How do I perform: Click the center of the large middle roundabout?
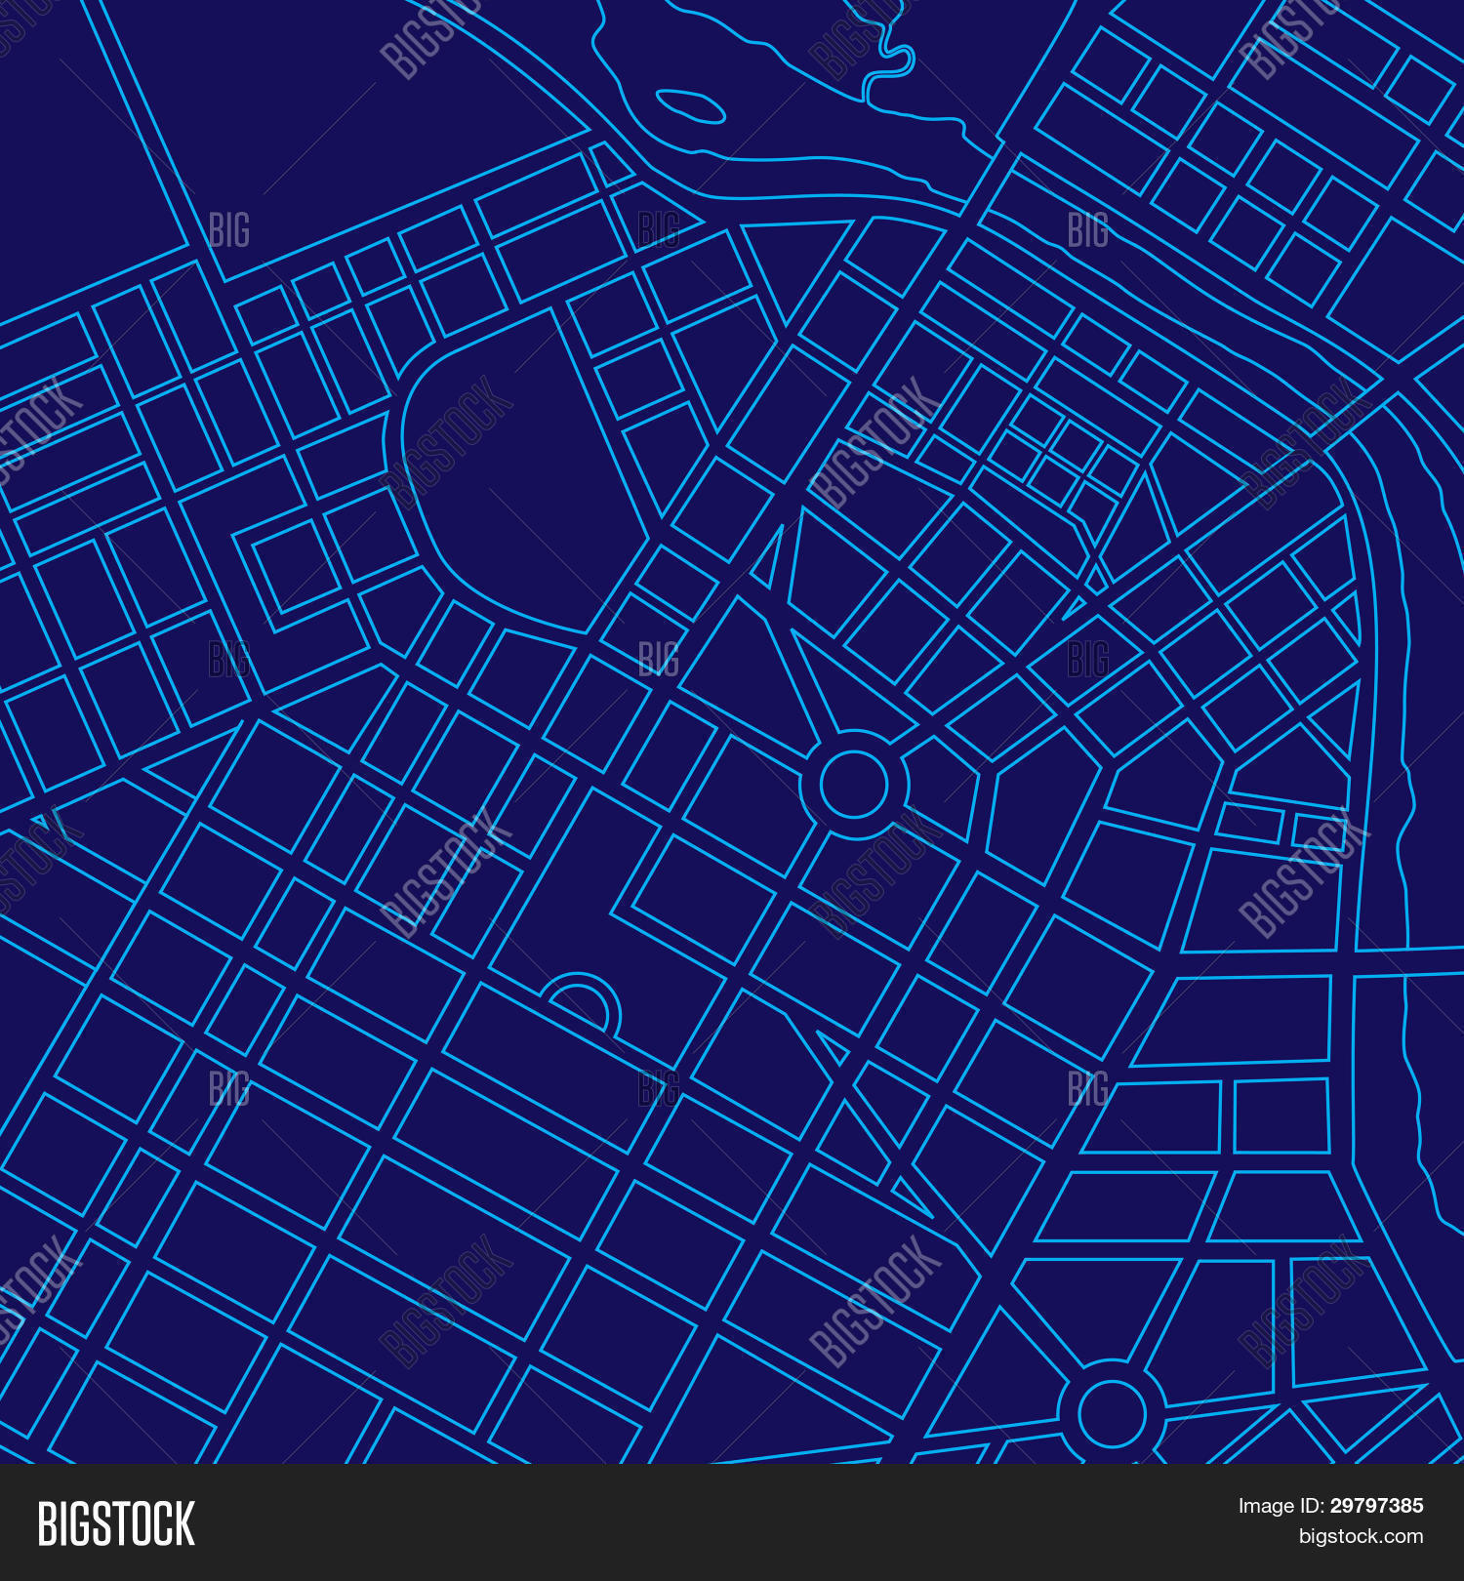coord(854,784)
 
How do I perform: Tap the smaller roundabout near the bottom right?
coord(1111,1413)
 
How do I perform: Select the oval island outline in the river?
coord(690,106)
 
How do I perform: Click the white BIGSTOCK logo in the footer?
coord(116,1523)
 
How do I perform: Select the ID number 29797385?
coord(1376,1506)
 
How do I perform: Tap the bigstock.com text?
coord(1361,1537)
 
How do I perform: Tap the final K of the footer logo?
coord(183,1523)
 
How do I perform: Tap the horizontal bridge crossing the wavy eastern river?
coord(1405,960)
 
